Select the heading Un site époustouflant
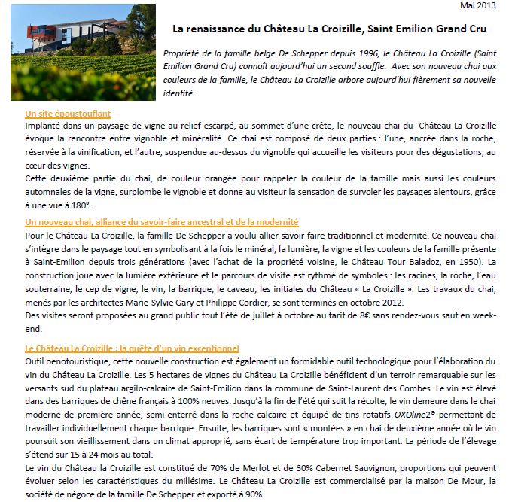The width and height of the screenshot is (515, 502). click(x=68, y=114)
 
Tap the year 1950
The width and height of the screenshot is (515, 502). click(x=469, y=262)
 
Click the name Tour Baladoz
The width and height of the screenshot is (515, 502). click(x=392, y=262)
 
